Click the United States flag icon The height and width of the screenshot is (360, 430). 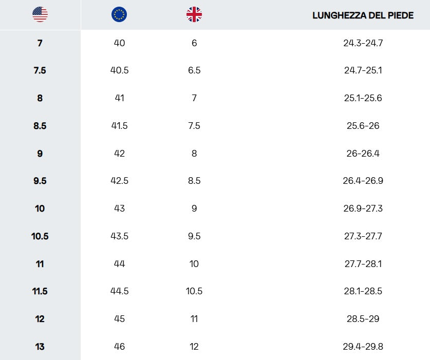[40, 14]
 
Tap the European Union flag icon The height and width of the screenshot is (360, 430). [119, 14]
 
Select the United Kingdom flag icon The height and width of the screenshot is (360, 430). [194, 14]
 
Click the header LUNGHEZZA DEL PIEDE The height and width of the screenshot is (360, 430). [363, 15]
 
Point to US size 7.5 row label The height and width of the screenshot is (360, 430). [40, 70]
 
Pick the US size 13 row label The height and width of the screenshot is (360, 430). [40, 347]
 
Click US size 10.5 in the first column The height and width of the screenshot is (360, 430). [40, 236]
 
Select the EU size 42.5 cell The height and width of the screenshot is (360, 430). [119, 181]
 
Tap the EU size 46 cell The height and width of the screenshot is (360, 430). [119, 347]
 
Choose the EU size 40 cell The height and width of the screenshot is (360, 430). [119, 43]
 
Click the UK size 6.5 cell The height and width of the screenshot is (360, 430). [194, 70]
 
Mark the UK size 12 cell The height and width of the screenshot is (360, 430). [194, 347]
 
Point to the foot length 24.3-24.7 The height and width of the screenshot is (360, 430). [363, 43]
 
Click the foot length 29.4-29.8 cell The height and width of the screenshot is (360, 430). [363, 347]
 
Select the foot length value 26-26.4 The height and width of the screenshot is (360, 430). [363, 153]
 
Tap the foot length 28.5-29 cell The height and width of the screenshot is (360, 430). [363, 319]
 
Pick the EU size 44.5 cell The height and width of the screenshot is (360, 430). [119, 291]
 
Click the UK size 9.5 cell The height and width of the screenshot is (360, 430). [194, 236]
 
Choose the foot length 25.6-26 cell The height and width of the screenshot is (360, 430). [363, 126]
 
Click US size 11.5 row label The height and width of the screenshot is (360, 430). [40, 291]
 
